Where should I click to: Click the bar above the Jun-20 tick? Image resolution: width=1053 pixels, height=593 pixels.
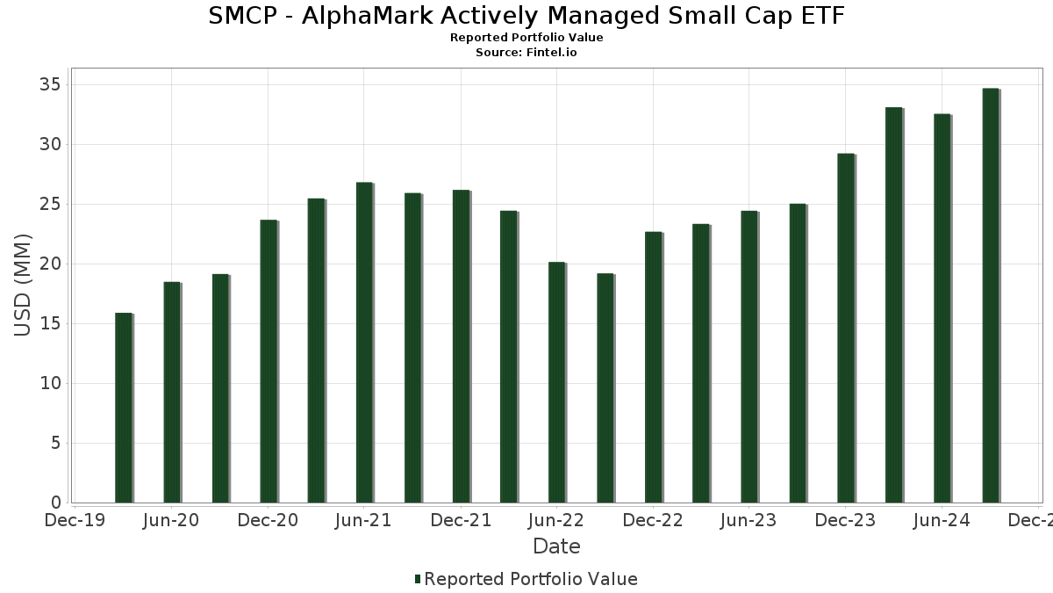click(172, 392)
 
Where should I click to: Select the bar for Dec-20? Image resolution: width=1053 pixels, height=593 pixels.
click(269, 361)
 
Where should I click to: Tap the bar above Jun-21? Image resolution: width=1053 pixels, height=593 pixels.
click(365, 343)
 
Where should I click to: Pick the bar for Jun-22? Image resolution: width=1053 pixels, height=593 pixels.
click(557, 382)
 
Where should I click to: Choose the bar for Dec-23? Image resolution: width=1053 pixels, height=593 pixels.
click(846, 328)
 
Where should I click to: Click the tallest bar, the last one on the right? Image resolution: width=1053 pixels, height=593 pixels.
click(991, 295)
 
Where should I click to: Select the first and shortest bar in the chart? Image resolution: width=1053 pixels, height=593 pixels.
click(124, 408)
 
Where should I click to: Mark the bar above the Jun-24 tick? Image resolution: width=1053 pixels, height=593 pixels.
click(942, 308)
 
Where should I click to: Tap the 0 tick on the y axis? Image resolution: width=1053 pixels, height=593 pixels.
click(55, 503)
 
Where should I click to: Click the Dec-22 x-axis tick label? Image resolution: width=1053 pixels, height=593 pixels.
click(653, 521)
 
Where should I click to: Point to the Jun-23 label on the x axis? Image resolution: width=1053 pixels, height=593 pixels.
click(749, 521)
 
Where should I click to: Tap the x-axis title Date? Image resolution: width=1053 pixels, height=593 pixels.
click(556, 546)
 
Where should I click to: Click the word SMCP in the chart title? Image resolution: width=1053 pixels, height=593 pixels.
click(241, 16)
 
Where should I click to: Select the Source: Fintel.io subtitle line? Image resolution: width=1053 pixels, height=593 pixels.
click(526, 53)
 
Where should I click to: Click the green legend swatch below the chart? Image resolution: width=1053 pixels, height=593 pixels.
click(417, 579)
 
